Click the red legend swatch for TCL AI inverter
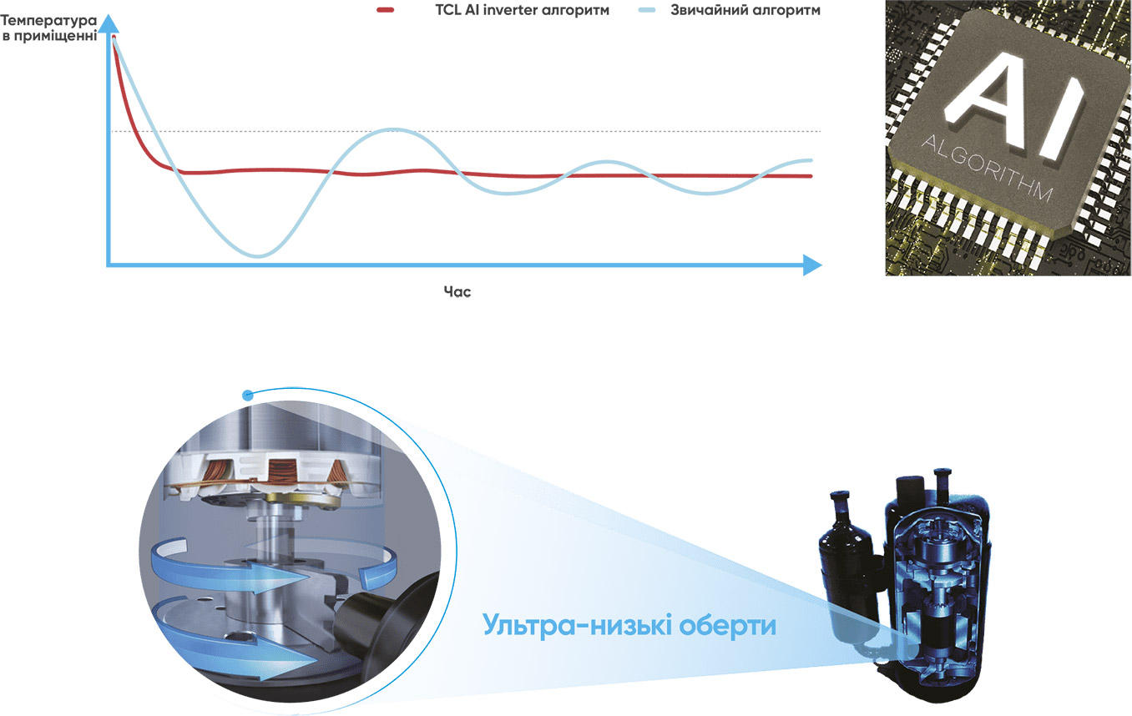click(x=385, y=10)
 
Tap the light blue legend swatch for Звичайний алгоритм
click(x=647, y=10)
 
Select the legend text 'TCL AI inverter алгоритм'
click(x=522, y=10)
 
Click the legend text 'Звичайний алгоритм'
click(x=745, y=10)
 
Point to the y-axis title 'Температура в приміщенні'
click(x=48, y=28)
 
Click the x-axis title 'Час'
click(x=457, y=291)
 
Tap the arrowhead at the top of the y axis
click(x=109, y=23)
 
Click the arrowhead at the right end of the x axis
click(x=812, y=265)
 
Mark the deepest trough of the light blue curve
click(x=258, y=255)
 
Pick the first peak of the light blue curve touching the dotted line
click(x=393, y=129)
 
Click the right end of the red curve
click(x=811, y=176)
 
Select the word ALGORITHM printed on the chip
click(x=987, y=169)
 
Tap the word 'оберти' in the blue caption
click(x=727, y=626)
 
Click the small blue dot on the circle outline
click(x=248, y=396)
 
